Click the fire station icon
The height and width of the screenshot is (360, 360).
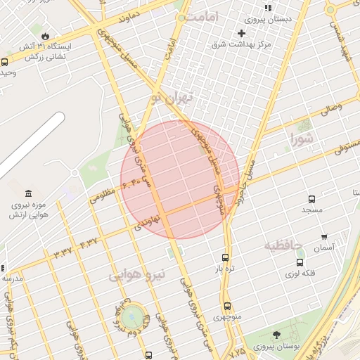tap(46, 35)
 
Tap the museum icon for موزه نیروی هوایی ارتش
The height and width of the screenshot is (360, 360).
tap(28, 193)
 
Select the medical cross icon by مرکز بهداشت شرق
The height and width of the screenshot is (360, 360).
tap(242, 33)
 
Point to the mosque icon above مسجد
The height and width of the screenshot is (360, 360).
tap(311, 199)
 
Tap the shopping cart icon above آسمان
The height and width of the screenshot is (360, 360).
tap(324, 237)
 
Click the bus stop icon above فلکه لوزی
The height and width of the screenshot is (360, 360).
tap(300, 262)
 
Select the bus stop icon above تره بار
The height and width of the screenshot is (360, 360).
tap(225, 257)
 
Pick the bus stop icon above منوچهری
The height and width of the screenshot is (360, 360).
tap(226, 306)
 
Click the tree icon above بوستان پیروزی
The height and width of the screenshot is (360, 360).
tap(276, 335)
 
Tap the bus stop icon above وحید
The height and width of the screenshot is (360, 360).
tap(5, 62)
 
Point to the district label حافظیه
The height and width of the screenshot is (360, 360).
tap(283, 245)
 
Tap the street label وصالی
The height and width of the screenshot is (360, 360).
tap(331, 108)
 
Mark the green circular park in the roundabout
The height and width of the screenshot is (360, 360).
tap(131, 317)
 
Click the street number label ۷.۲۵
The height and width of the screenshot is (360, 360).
tap(238, 349)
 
